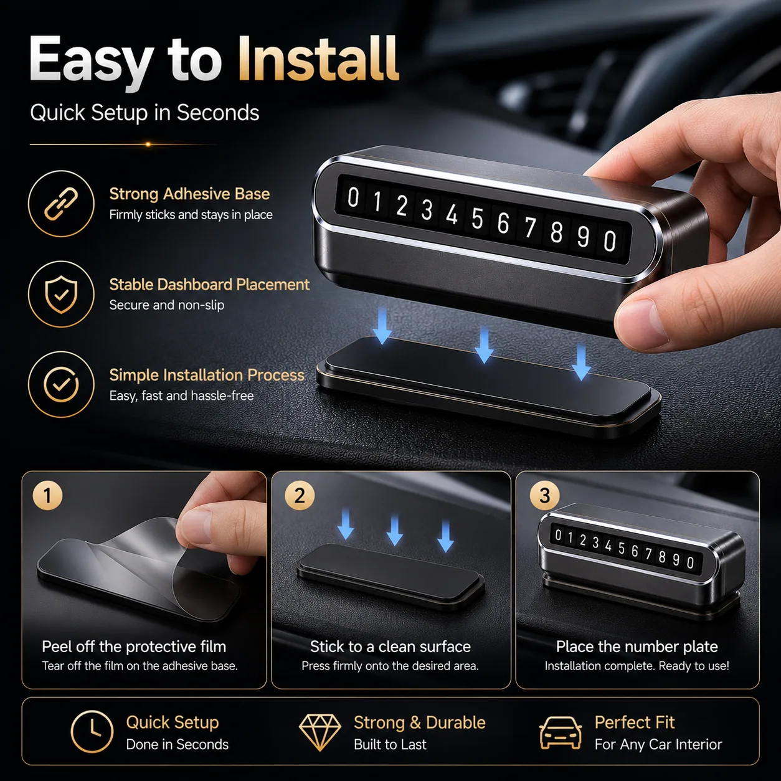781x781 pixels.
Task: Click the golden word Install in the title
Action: pyautogui.click(x=318, y=59)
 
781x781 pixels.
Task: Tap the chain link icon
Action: pyautogui.click(x=61, y=204)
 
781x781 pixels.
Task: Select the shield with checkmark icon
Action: pyautogui.click(x=61, y=294)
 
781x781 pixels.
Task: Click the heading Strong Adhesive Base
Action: pyautogui.click(x=189, y=194)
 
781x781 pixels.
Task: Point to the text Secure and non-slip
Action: pyautogui.click(x=166, y=305)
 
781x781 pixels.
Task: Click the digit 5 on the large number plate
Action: pyautogui.click(x=477, y=219)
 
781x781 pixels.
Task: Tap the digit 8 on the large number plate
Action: pyautogui.click(x=556, y=232)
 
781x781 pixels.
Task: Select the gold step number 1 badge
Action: pyautogui.click(x=47, y=495)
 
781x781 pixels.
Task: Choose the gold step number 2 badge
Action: pyautogui.click(x=300, y=495)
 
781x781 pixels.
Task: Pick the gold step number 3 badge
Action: pyautogui.click(x=545, y=495)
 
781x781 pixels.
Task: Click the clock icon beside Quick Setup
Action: pyautogui.click(x=92, y=732)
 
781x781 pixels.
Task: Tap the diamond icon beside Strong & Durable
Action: pyautogui.click(x=319, y=732)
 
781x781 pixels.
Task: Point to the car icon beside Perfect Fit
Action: pyautogui.click(x=561, y=732)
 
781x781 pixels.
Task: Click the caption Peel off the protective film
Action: pyautogui.click(x=134, y=646)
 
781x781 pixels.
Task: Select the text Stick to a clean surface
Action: pyautogui.click(x=391, y=646)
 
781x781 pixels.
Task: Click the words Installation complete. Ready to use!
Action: pyautogui.click(x=637, y=666)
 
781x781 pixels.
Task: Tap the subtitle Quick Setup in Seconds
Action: pyautogui.click(x=144, y=112)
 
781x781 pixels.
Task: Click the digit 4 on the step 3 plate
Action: pyautogui.click(x=608, y=546)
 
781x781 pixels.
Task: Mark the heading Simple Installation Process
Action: pyautogui.click(x=207, y=376)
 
